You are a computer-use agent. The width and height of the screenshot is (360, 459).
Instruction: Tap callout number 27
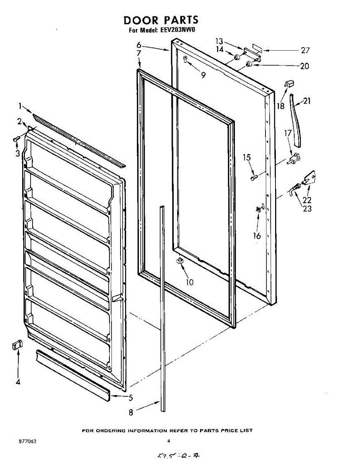click(x=305, y=50)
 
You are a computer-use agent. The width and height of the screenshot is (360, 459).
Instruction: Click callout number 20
click(x=305, y=66)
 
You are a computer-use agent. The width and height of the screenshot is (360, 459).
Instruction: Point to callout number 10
click(x=189, y=282)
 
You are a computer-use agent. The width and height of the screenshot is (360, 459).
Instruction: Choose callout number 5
click(x=131, y=398)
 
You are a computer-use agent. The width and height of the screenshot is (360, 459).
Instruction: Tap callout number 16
click(x=257, y=236)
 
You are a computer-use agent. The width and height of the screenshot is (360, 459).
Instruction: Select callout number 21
click(x=307, y=101)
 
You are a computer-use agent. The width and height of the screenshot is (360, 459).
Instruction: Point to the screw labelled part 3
click(x=16, y=138)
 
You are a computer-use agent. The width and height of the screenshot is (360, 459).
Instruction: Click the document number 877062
click(x=28, y=441)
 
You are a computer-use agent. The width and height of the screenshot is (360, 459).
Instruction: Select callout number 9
click(x=203, y=75)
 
